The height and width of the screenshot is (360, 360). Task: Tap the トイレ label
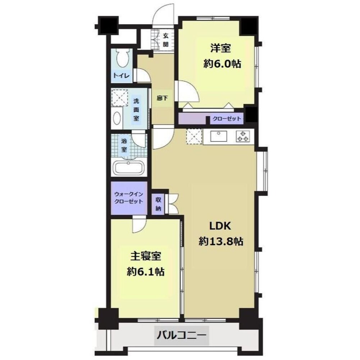pyautogui.click(x=122, y=76)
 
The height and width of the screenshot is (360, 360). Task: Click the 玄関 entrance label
pyautogui.click(x=165, y=40)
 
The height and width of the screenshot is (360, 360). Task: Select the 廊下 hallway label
pyautogui.click(x=162, y=98)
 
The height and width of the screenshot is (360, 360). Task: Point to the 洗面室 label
pyautogui.click(x=136, y=110)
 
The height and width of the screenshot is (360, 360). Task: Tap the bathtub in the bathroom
pyautogui.click(x=129, y=168)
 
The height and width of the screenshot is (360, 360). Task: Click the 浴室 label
pyautogui.click(x=124, y=145)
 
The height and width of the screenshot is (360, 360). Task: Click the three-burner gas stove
pyautogui.click(x=242, y=136)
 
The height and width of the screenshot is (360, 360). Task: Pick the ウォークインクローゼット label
pyautogui.click(x=129, y=198)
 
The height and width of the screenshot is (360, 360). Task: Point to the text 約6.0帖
pyautogui.click(x=222, y=64)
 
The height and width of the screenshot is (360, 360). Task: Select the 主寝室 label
pyautogui.click(x=146, y=256)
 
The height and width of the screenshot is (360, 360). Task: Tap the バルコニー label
pyautogui.click(x=181, y=335)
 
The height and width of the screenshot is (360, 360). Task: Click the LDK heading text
pyautogui.click(x=220, y=226)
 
